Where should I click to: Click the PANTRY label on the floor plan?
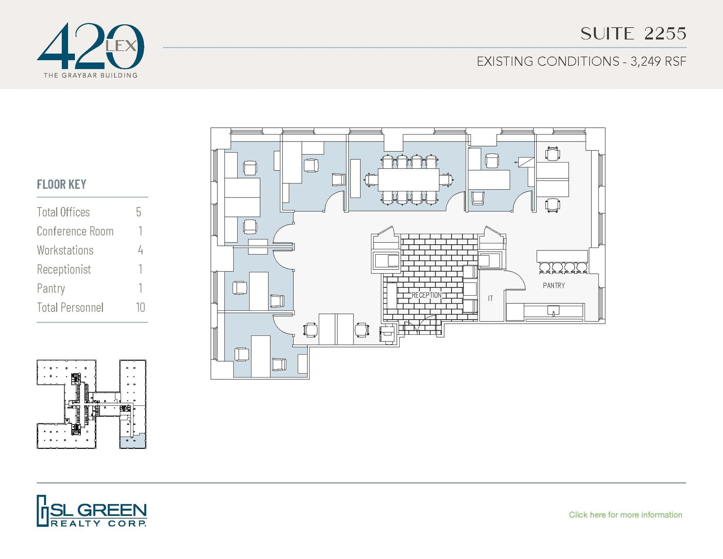click(554, 285)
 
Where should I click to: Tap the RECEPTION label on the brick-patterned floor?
click(426, 295)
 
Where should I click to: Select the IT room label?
click(490, 298)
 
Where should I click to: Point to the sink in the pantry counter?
click(553, 311)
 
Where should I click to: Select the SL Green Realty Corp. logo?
click(92, 511)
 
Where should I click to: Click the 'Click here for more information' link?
click(625, 515)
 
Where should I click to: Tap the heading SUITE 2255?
click(633, 34)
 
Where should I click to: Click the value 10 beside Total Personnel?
click(140, 307)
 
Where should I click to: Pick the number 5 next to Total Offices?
click(138, 212)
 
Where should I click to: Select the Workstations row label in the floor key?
click(65, 250)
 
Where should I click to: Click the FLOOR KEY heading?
click(61, 184)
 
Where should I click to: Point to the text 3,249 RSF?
click(658, 61)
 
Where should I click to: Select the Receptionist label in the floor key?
click(64, 269)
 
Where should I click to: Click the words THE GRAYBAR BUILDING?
click(90, 75)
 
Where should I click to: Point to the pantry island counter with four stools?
click(562, 256)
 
